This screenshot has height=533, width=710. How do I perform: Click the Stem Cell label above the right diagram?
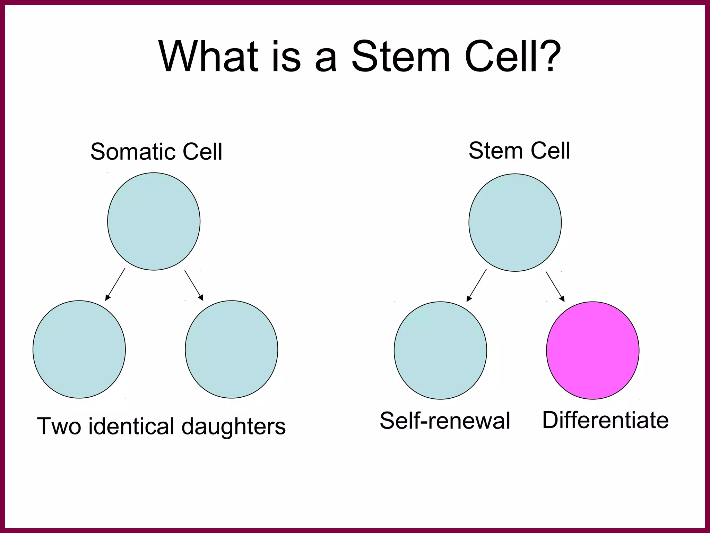coord(519,151)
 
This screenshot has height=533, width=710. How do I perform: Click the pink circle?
coord(592,350)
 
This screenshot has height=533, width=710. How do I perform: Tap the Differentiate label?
coord(605,420)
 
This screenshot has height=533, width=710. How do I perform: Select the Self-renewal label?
coord(445,421)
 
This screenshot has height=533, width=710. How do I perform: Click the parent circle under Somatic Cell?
coord(154,221)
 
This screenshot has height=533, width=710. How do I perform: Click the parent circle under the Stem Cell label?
coord(515,222)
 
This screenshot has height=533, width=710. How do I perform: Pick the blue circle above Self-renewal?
coord(440,350)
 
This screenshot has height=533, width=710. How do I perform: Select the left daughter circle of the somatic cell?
coord(79,349)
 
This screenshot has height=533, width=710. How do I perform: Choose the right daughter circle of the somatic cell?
coord(231,349)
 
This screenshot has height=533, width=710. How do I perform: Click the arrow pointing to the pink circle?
coord(555,286)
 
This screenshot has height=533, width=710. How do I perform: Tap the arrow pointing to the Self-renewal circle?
coord(477,285)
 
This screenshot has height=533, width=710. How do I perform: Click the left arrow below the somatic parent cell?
coord(115,284)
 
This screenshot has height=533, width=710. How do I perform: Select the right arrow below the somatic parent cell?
coord(194,285)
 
